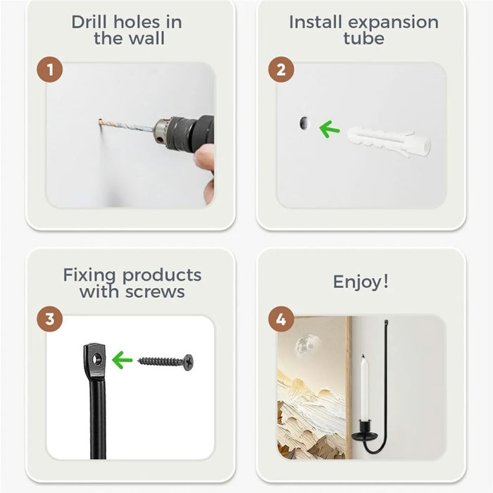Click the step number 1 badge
[50, 70]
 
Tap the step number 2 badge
[281, 70]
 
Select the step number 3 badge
[50, 319]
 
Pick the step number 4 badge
[281, 320]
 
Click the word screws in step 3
[155, 292]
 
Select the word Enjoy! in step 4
[361, 282]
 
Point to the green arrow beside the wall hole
[329, 129]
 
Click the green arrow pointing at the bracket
[122, 360]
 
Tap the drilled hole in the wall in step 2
[304, 123]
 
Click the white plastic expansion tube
[389, 142]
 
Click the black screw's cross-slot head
[188, 363]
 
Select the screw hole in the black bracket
[97, 359]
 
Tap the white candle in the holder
[364, 387]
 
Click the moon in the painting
[306, 344]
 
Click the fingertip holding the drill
[204, 156]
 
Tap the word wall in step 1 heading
[147, 39]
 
